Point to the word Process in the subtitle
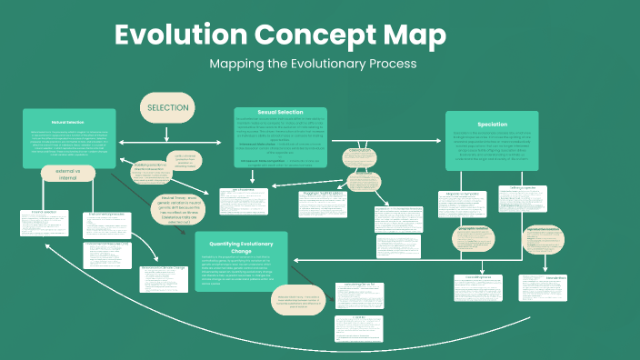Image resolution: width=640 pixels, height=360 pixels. point(384,65)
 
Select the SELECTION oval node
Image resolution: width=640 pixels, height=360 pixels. point(166,107)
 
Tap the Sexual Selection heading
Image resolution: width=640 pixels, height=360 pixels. point(279,113)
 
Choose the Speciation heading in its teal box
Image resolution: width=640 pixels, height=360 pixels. point(491,124)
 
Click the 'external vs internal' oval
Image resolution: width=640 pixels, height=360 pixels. point(68,173)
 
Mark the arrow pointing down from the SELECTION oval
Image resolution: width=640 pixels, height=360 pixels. point(166,135)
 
